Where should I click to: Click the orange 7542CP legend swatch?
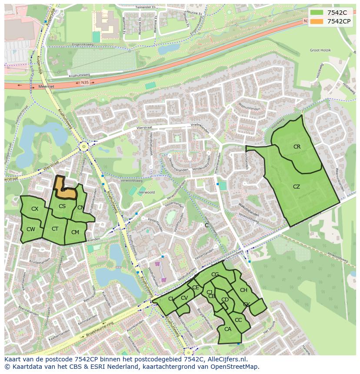(316, 21)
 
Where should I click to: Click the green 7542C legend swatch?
(316, 12)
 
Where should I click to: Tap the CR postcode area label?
(297, 147)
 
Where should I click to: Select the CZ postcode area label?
(297, 187)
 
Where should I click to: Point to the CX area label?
(35, 209)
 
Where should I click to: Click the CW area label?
(30, 229)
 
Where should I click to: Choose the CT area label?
(55, 229)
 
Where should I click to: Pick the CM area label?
(75, 232)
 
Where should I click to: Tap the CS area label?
(62, 206)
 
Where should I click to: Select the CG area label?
(215, 275)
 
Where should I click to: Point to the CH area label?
(243, 290)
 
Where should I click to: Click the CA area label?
(228, 329)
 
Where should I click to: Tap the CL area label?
(171, 299)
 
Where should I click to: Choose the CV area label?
(184, 298)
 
